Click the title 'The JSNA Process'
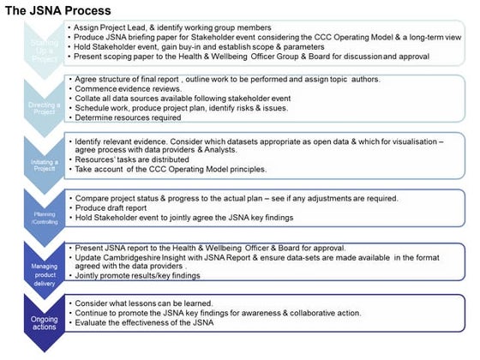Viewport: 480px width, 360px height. [x=57, y=10]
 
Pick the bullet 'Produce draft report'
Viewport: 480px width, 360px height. [x=117, y=209]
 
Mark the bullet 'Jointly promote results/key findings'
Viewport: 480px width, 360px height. [x=136, y=277]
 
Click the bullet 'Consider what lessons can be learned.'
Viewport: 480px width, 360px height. [x=146, y=304]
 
